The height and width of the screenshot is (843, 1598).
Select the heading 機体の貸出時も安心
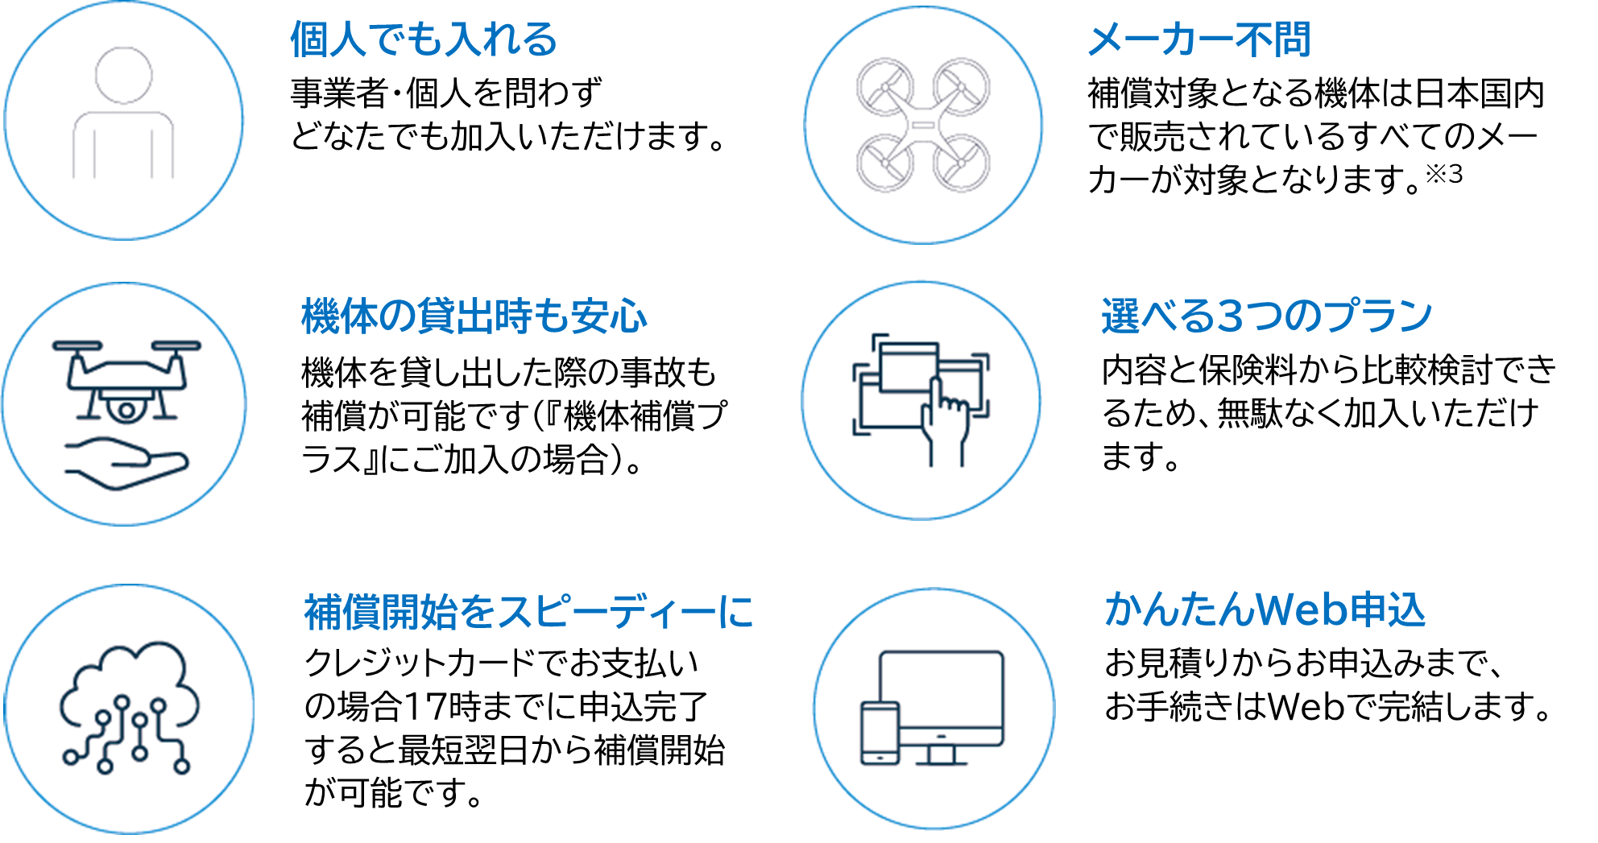(474, 316)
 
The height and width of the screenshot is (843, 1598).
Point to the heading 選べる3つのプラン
(1266, 316)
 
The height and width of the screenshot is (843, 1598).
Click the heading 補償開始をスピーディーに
(528, 613)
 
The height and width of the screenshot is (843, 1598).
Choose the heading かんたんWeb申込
(1265, 610)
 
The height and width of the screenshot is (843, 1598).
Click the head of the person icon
(124, 76)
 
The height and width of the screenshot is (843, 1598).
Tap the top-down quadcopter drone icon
(923, 125)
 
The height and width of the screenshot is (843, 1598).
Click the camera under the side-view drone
(126, 410)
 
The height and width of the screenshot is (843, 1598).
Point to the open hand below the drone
(129, 464)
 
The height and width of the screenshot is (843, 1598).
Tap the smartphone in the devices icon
(880, 733)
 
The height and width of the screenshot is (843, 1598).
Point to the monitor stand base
(941, 761)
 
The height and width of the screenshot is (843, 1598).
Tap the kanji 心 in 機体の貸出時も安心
(629, 316)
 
